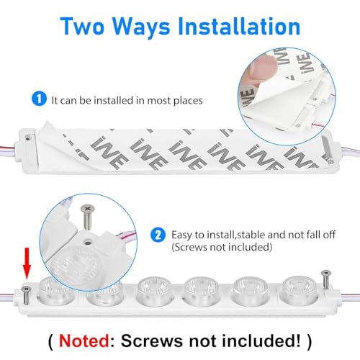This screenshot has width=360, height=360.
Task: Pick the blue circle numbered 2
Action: click(x=158, y=235)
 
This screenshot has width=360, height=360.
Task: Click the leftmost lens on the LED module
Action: click(x=54, y=287)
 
